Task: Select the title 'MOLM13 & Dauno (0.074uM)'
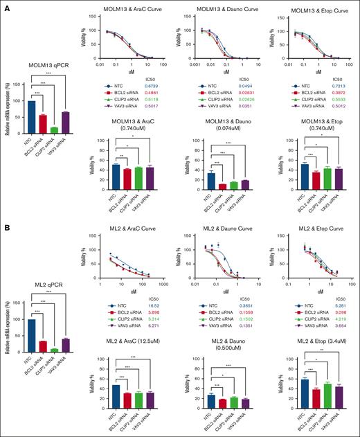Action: [225, 126]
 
